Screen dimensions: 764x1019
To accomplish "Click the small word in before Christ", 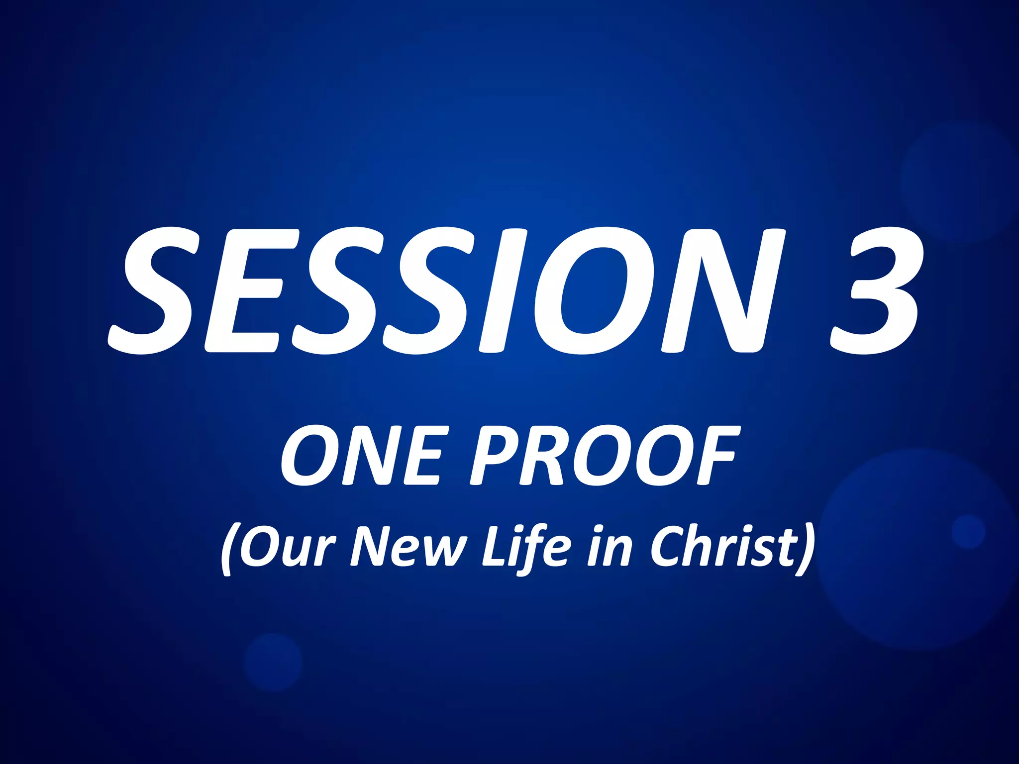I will [x=610, y=547].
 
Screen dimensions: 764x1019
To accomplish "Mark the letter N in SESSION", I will [x=721, y=291].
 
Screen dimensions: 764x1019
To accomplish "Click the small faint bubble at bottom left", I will [x=273, y=662].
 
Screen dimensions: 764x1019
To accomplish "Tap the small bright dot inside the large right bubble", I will [x=968, y=532].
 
